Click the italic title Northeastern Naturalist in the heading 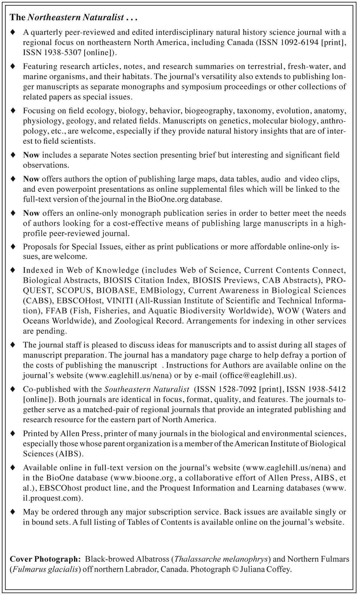click(x=76, y=17)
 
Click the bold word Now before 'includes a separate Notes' click(x=31, y=155)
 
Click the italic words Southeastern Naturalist click(x=147, y=389)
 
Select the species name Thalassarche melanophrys click(x=221, y=559)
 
